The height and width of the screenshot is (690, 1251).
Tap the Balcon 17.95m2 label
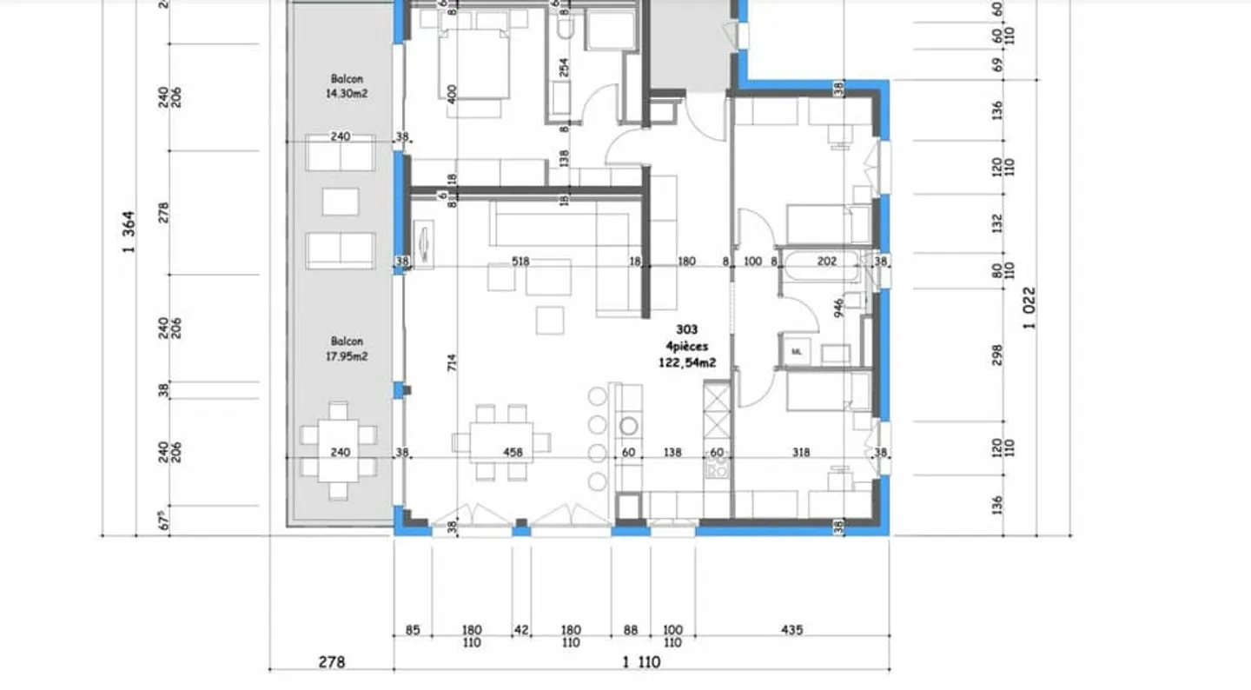(346, 348)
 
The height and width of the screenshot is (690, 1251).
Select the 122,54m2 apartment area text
(686, 363)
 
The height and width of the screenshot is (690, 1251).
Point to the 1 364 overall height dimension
(130, 233)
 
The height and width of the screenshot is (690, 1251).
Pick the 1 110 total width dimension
(641, 662)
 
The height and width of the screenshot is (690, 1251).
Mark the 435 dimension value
(791, 629)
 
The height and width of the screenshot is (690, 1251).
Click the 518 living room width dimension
(520, 261)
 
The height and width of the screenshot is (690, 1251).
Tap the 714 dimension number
(452, 363)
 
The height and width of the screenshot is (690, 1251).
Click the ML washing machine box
(797, 351)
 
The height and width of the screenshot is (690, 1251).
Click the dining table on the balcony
(339, 450)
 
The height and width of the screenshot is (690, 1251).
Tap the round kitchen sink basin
(628, 426)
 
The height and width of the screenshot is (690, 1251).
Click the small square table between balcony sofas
(340, 202)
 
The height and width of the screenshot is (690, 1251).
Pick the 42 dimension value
(520, 629)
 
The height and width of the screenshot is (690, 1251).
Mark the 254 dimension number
(564, 68)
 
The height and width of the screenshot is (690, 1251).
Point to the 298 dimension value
(997, 355)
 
